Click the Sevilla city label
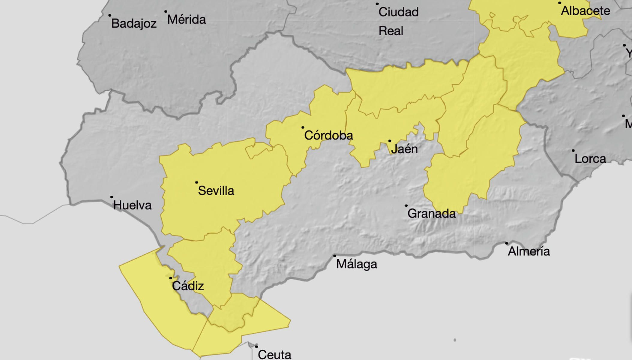[x=216, y=191]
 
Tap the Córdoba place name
[x=328, y=135]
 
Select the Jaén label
[x=404, y=149]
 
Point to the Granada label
[x=431, y=214]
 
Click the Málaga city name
[x=356, y=264]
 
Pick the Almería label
[x=529, y=251]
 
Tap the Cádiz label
[x=188, y=286]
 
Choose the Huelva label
[x=132, y=205]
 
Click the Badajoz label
[x=134, y=23]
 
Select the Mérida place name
[x=186, y=20]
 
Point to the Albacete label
[x=585, y=11]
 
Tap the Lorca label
[x=590, y=159]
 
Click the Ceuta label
[x=274, y=355]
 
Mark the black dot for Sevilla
[x=197, y=182]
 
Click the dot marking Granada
[x=406, y=206]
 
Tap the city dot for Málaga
[x=335, y=256]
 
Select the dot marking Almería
[x=507, y=243]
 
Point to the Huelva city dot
[x=112, y=197]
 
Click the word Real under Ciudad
[x=391, y=31]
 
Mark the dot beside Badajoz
[x=110, y=15]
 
